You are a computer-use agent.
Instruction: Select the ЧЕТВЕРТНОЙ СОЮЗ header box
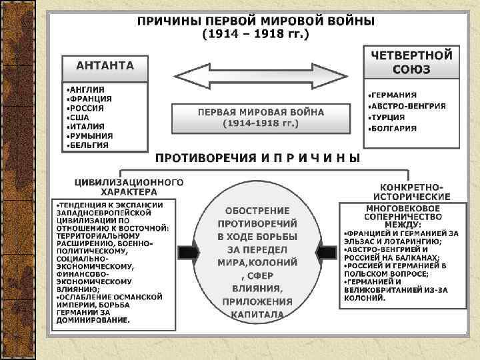click(411, 61)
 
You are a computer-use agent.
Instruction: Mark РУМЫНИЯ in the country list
click(90, 135)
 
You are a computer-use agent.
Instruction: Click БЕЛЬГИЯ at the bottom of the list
click(89, 145)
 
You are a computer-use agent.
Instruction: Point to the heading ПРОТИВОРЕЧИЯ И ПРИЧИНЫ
click(257, 158)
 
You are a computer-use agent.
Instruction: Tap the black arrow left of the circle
click(188, 253)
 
